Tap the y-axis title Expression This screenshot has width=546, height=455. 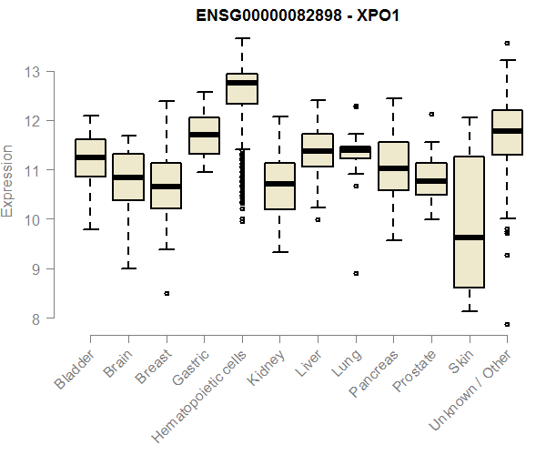(8, 180)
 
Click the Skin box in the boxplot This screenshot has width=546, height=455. (469, 222)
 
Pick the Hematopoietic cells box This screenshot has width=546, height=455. (241, 89)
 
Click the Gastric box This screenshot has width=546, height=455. (204, 136)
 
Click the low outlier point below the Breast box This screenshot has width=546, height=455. (166, 293)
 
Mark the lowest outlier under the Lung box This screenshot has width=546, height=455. (356, 273)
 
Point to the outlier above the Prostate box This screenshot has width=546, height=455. (431, 114)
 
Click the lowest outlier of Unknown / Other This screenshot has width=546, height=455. (507, 324)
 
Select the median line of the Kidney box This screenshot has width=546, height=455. (279, 184)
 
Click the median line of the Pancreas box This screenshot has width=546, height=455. (393, 168)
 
